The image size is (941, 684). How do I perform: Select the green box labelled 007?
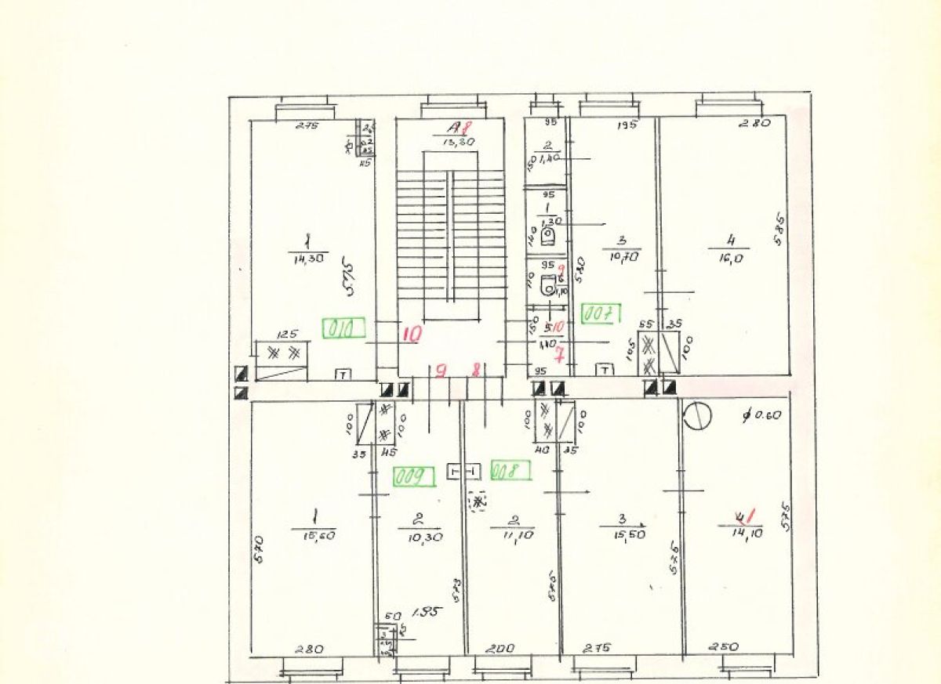pyautogui.click(x=601, y=314)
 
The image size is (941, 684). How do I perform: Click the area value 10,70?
pyautogui.click(x=622, y=256)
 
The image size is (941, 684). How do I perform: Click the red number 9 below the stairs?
pyautogui.click(x=441, y=371)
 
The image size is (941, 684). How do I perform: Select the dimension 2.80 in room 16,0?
pyautogui.click(x=755, y=122)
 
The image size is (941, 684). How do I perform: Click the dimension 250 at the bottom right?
pyautogui.click(x=725, y=647)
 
